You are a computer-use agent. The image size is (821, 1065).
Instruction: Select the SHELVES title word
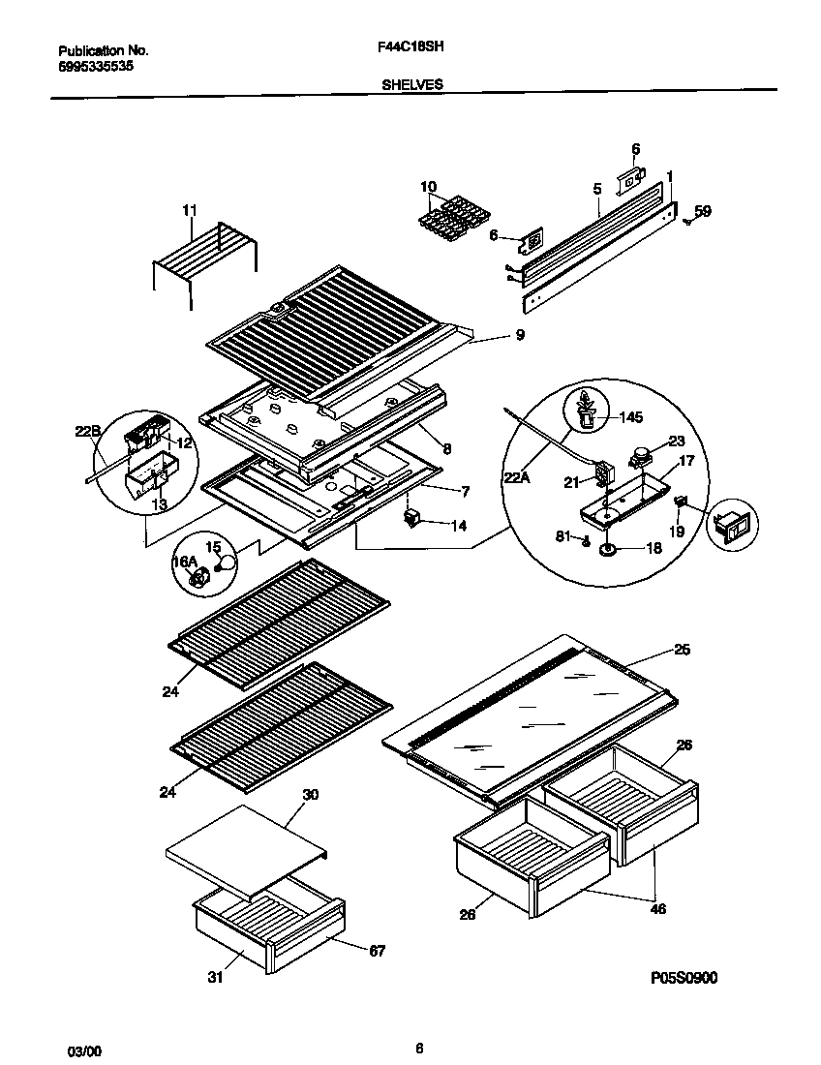coord(410,84)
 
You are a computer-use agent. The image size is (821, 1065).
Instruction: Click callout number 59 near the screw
coord(703,210)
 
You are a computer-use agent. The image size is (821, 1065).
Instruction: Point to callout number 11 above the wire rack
coord(189,209)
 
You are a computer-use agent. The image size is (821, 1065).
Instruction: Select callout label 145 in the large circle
coord(631,418)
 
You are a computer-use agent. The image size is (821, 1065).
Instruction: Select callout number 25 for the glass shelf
coord(682,650)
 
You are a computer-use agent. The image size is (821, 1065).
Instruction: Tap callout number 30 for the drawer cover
coord(310,796)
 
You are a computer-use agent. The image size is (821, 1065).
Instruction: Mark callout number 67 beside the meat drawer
coord(377,951)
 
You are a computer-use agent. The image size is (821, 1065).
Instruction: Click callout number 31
coord(215,978)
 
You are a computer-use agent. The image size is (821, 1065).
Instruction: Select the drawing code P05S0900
coord(684,978)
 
